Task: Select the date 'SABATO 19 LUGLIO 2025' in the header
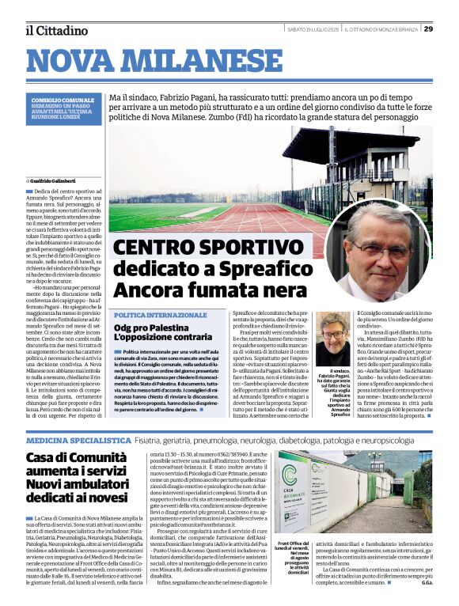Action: [x=313, y=29]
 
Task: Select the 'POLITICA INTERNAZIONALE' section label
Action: [x=160, y=315]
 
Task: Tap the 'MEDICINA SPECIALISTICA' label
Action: [x=78, y=439]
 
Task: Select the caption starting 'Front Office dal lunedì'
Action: [x=292, y=559]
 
